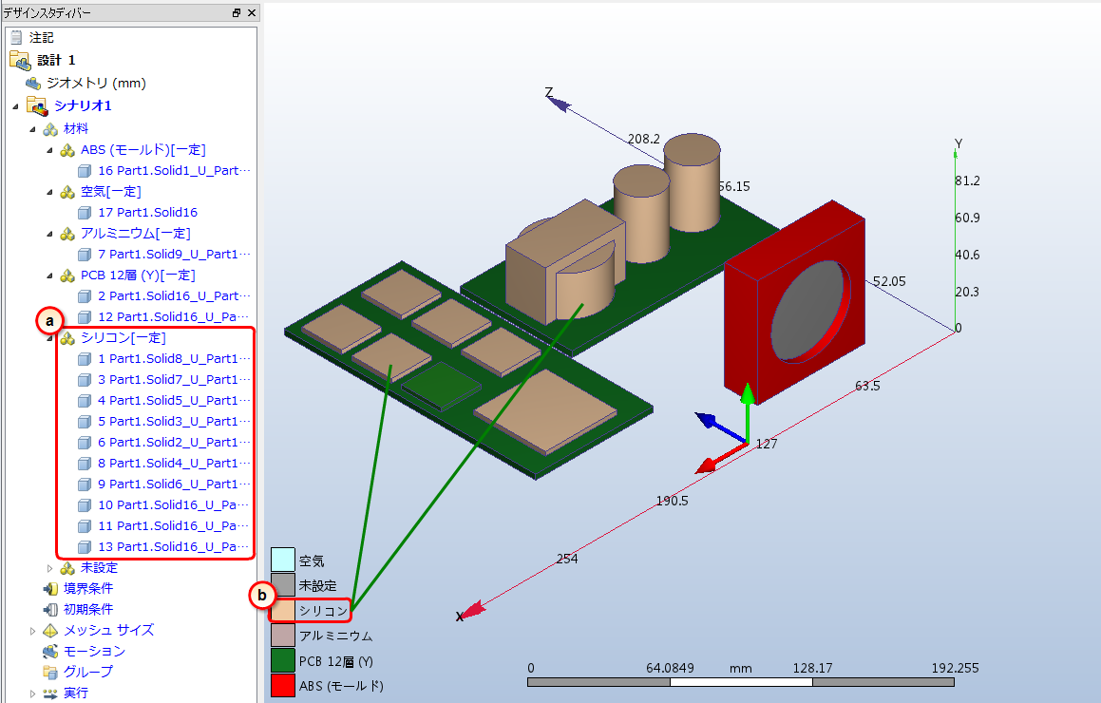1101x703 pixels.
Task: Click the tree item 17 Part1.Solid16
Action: click(147, 212)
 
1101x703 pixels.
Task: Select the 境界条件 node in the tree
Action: click(87, 589)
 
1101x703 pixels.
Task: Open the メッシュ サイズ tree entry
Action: click(108, 630)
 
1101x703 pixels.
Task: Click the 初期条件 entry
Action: click(87, 610)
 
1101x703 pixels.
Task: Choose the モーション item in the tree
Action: click(94, 651)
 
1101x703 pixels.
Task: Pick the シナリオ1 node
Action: click(83, 105)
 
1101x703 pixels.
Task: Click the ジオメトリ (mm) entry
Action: click(96, 83)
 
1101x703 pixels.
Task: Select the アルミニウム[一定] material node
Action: click(136, 233)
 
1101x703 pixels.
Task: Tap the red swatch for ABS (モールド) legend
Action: click(283, 686)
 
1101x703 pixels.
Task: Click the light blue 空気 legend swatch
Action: click(283, 560)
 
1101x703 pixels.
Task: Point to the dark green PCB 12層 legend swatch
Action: click(283, 660)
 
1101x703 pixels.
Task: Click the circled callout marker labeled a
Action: click(49, 322)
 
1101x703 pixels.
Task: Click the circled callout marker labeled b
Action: click(262, 596)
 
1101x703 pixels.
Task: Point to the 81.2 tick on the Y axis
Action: click(967, 180)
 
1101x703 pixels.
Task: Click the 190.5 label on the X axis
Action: click(672, 501)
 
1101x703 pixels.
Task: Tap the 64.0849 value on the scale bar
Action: click(670, 668)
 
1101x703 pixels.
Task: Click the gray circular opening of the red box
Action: click(807, 310)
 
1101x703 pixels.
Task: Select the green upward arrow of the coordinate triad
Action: click(748, 413)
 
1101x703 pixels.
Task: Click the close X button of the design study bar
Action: click(252, 12)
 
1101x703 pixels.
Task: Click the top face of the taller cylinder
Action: click(692, 149)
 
